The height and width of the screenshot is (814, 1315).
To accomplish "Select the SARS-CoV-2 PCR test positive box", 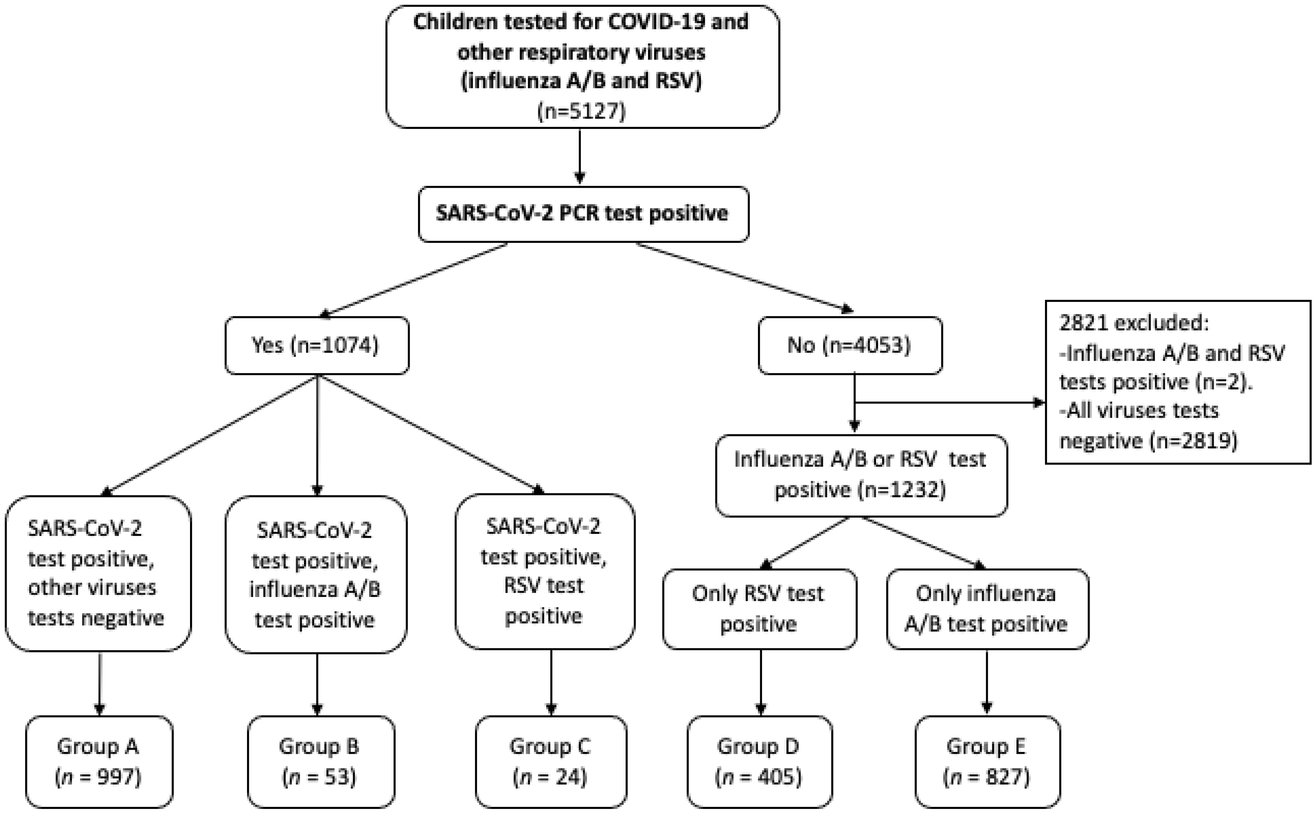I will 583,214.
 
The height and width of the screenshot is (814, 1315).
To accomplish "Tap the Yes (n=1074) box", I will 317,345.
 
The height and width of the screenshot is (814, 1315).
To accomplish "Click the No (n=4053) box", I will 850,345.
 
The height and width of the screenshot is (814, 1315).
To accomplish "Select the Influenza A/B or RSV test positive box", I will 860,475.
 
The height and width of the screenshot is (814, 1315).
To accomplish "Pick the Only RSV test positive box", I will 759,608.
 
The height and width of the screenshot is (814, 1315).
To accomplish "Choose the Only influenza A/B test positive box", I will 986,608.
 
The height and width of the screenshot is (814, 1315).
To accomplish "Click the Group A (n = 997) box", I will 99,761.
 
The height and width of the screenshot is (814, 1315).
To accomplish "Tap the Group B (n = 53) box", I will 321,761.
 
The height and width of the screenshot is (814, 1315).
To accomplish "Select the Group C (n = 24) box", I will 550,761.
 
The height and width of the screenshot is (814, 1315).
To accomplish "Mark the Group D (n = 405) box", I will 759,761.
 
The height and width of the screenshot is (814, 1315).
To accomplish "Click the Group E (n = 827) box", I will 986,761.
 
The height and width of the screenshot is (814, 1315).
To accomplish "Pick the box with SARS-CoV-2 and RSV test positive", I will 544,571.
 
